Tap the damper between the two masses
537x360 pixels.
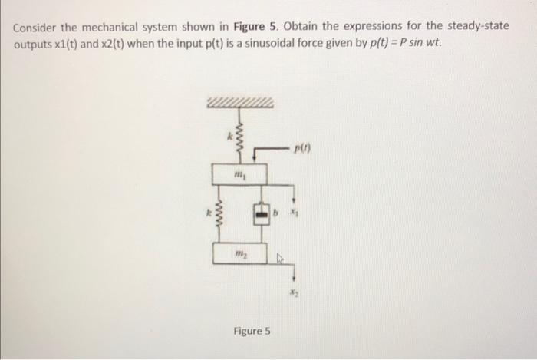click(x=261, y=211)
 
